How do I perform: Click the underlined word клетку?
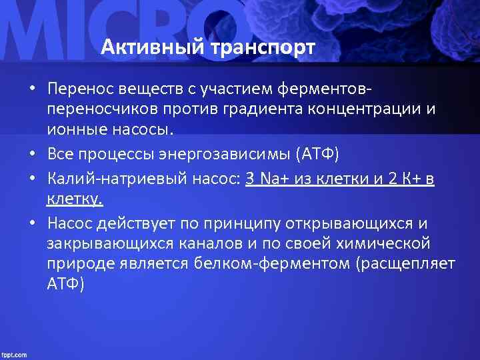75,199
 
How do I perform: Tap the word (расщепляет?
406,263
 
